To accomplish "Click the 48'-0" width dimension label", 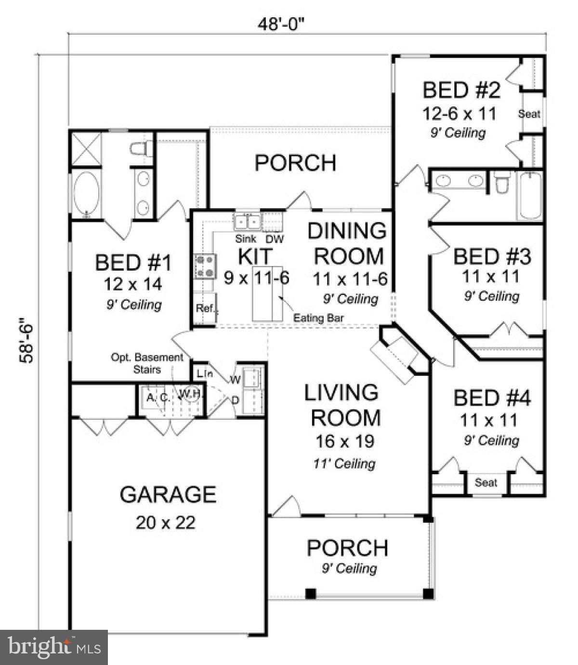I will tap(282, 24).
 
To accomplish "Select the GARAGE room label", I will tap(168, 494).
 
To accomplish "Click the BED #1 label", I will tap(133, 263).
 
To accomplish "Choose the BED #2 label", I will tap(461, 90).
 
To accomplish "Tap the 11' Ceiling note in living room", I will tap(344, 464).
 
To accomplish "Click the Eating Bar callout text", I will tap(318, 318).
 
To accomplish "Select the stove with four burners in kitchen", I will tap(205, 266).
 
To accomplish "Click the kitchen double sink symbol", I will tap(247, 222).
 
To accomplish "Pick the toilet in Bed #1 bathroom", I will tap(140, 148).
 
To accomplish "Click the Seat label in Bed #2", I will tap(529, 114).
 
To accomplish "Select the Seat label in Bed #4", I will tap(486, 482).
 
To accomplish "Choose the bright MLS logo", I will tap(54, 647).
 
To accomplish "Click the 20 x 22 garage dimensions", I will tap(165, 522).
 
